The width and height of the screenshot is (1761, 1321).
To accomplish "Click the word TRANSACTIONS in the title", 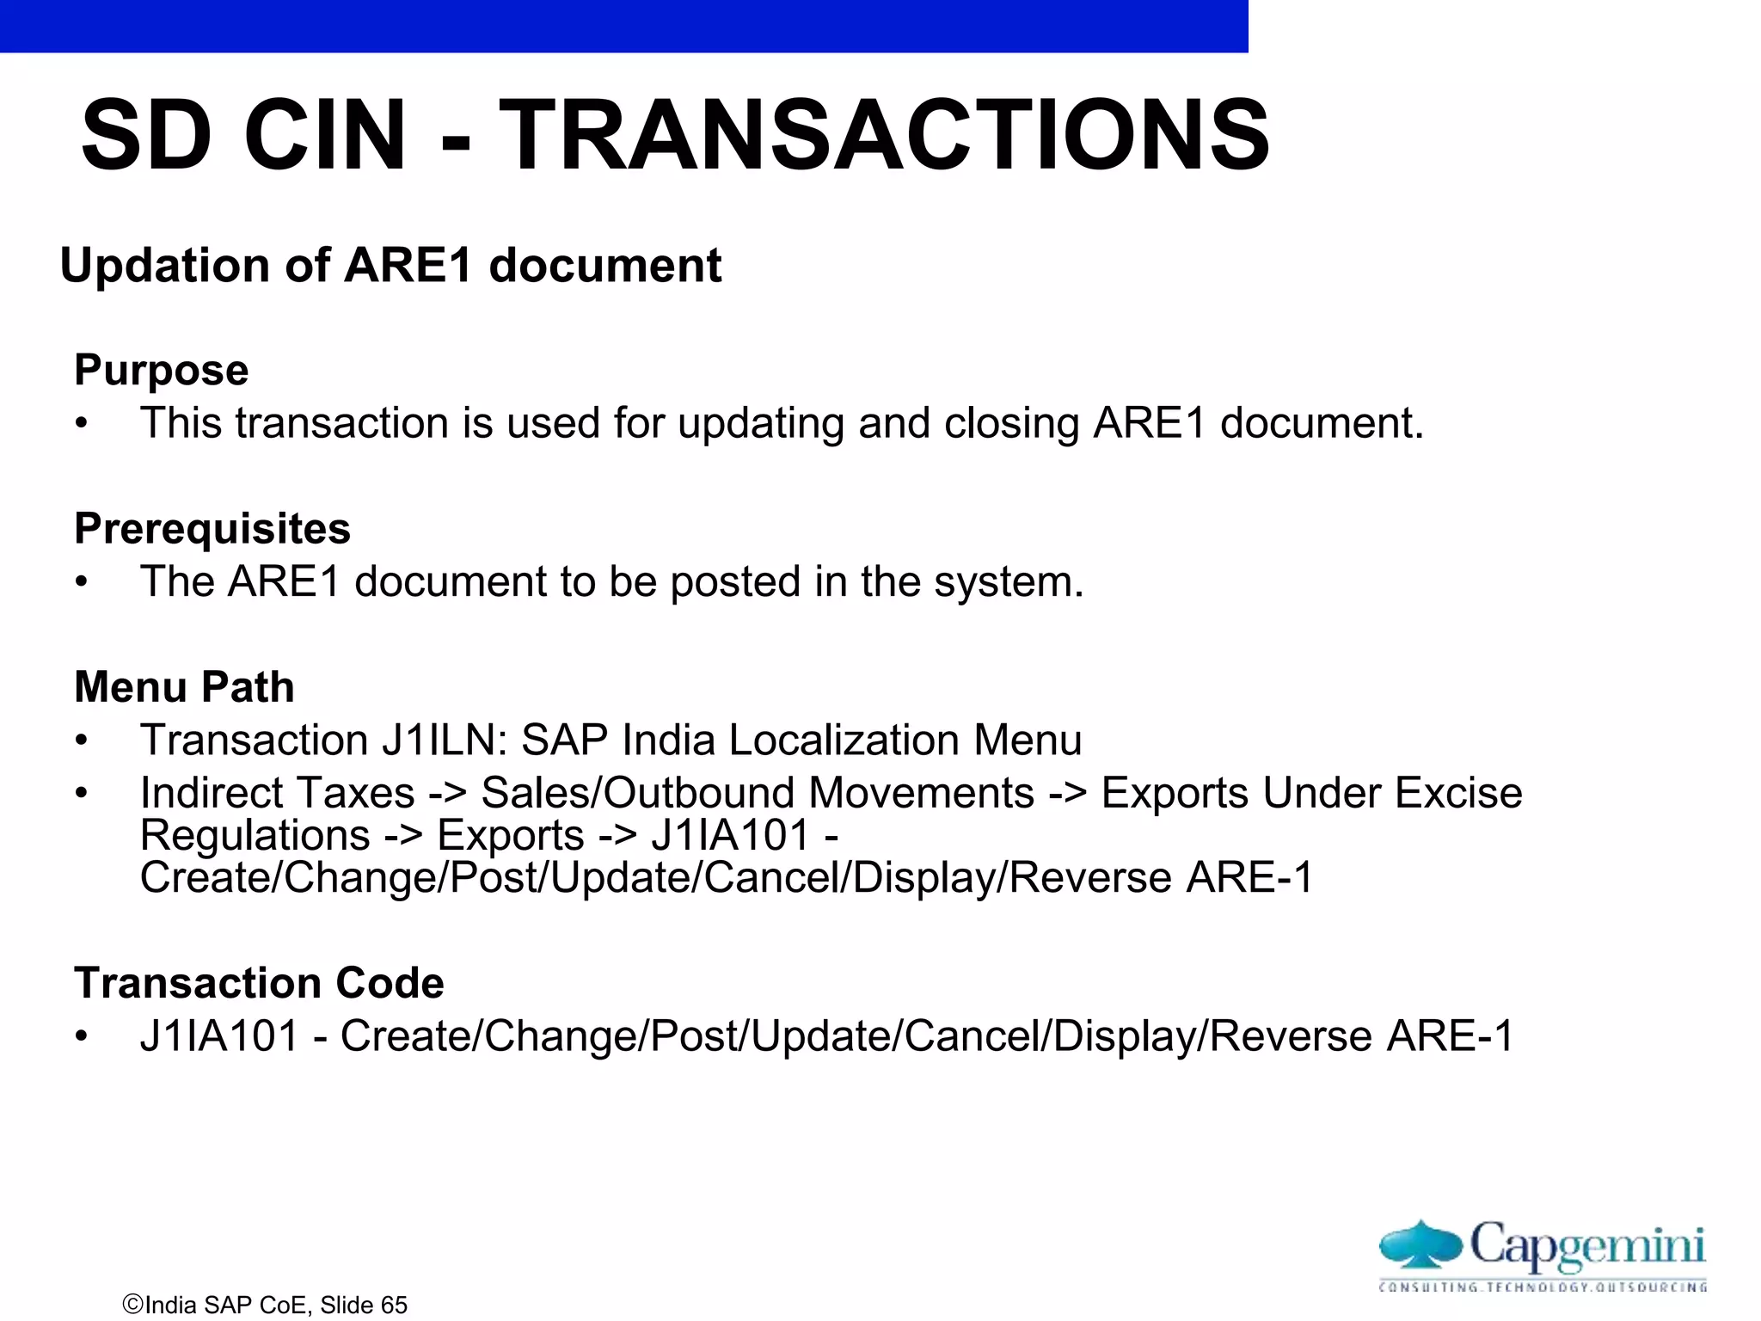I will tap(884, 135).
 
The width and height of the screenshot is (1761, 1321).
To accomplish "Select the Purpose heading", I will tap(162, 370).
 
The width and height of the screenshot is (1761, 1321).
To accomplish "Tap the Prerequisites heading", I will tap(212, 528).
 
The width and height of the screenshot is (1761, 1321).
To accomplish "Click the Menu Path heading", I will tap(184, 686).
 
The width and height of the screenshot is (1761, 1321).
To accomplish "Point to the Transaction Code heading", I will tap(259, 982).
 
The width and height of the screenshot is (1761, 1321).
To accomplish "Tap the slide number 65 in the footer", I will tap(394, 1305).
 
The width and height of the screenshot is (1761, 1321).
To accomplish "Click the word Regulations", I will tap(255, 835).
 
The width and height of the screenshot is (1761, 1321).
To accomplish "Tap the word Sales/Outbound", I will tap(629, 792).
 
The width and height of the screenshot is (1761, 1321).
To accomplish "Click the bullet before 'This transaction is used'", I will tap(82, 424).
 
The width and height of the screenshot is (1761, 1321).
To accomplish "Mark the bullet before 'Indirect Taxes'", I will tap(82, 793).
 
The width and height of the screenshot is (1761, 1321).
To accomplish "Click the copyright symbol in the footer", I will tap(132, 1304).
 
